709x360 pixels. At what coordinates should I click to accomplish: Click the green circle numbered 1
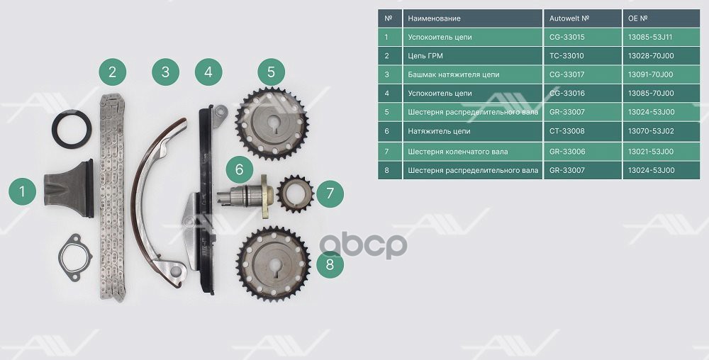[22, 191]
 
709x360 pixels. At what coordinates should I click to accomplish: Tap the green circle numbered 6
[239, 169]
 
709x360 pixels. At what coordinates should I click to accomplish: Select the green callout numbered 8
[330, 264]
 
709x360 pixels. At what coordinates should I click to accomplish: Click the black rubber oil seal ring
[72, 129]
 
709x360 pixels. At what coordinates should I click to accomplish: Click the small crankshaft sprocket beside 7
[295, 194]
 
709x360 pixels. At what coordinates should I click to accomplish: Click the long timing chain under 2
[112, 198]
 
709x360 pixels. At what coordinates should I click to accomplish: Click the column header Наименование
[434, 18]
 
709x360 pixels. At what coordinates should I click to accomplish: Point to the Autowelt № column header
[569, 18]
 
